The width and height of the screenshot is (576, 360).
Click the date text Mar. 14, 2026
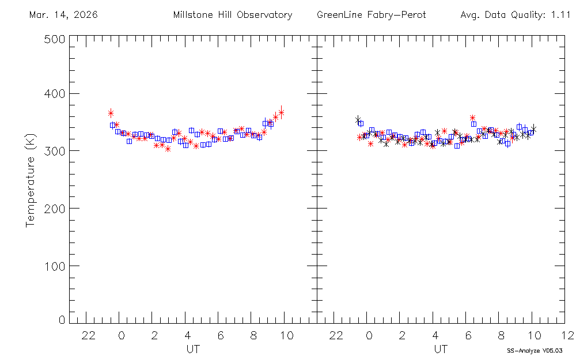pyautogui.click(x=63, y=15)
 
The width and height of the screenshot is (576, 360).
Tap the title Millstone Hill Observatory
pyautogui.click(x=233, y=15)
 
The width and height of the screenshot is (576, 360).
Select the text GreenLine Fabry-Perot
pyautogui.click(x=372, y=15)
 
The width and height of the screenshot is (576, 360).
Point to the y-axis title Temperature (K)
pyautogui.click(x=31, y=179)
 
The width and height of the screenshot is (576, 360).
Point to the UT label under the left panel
pyautogui.click(x=193, y=349)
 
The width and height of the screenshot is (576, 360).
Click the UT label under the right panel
pyautogui.click(x=441, y=349)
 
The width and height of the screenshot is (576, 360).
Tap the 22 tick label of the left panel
pyautogui.click(x=88, y=336)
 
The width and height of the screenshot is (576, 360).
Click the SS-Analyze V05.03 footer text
pyautogui.click(x=535, y=350)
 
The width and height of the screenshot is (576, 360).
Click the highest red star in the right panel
pyautogui.click(x=473, y=118)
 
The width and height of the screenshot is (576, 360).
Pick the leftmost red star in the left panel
pyautogui.click(x=111, y=113)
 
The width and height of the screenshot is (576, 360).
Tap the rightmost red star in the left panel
pyautogui.click(x=281, y=112)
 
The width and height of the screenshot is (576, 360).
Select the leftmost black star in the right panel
pyautogui.click(x=358, y=119)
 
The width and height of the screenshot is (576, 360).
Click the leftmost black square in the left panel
pyautogui.click(x=113, y=125)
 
